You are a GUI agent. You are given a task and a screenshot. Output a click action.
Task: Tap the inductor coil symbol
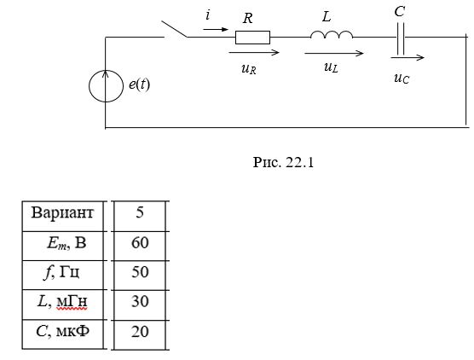coord(332,34)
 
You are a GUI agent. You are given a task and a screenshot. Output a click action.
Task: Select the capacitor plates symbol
coord(400,38)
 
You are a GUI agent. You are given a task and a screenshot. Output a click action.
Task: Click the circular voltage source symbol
coord(106,86)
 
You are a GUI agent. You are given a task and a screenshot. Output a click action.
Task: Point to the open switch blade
coord(175,29)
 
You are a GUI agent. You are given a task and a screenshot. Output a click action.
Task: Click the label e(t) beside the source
coord(139,84)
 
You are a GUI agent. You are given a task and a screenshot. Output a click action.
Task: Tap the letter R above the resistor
coord(247,19)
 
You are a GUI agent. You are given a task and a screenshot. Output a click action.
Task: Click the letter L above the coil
coord(327,16)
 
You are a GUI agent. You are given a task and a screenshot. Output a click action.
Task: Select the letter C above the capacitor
coord(399,12)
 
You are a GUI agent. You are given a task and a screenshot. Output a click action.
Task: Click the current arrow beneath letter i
coord(216,29)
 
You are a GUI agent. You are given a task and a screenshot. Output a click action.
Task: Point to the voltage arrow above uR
coord(254,53)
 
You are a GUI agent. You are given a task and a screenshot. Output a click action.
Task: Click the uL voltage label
coord(331,67)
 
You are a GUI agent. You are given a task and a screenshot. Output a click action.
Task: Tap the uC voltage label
coord(402,78)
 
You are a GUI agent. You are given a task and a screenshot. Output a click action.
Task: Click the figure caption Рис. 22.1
coord(283,162)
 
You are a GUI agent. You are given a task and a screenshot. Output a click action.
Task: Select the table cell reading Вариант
coord(62,212)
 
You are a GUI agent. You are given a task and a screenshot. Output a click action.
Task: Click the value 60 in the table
coord(140,242)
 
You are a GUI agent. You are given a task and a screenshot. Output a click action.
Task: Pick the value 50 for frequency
coord(140,272)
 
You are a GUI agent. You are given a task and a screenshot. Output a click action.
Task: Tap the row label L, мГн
coord(62,302)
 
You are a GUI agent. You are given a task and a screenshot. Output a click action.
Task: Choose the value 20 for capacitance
coord(140,331)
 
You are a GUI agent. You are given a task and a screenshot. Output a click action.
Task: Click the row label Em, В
coord(66,243)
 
